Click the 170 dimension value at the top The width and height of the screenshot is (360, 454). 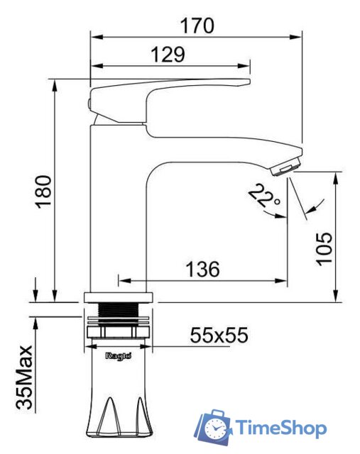[x=197, y=26]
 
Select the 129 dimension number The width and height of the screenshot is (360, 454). [x=168, y=55]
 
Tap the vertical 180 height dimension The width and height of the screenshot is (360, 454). [x=43, y=192]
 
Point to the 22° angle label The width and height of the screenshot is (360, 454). [x=264, y=195]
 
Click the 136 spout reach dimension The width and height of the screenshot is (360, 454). [x=202, y=270]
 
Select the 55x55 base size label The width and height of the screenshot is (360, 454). [x=219, y=335]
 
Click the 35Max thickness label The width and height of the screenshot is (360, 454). [x=24, y=377]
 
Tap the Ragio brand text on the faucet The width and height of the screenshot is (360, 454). [x=119, y=355]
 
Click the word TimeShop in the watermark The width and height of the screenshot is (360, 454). [x=280, y=428]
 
